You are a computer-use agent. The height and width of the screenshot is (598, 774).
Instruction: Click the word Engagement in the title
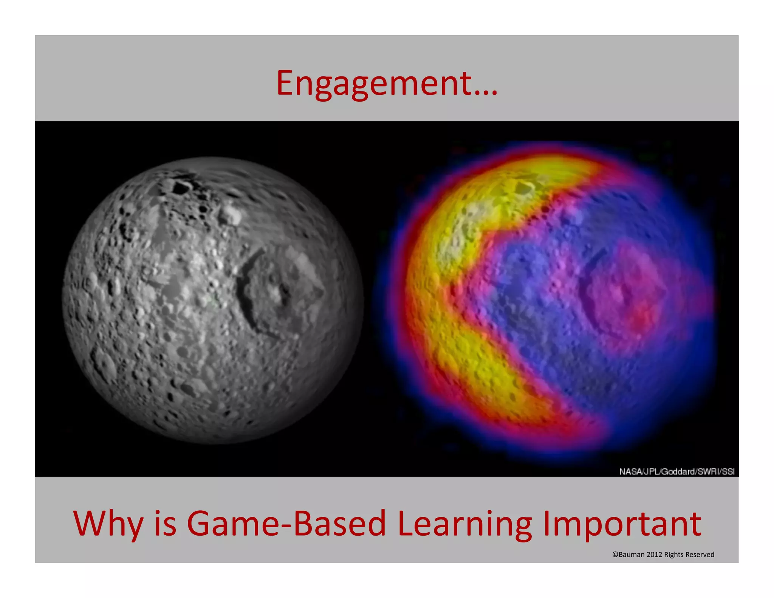(x=374, y=84)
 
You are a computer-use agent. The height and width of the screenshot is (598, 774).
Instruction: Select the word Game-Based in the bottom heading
(x=286, y=524)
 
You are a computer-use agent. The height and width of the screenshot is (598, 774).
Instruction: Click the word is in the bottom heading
(x=165, y=524)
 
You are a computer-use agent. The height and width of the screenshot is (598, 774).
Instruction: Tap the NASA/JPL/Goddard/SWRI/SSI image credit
(x=676, y=471)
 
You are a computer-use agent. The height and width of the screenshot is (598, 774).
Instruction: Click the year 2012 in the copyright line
(x=654, y=555)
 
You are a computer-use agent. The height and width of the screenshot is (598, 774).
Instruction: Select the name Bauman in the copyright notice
(x=632, y=555)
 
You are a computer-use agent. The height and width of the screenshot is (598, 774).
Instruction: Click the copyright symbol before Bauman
(x=615, y=555)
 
